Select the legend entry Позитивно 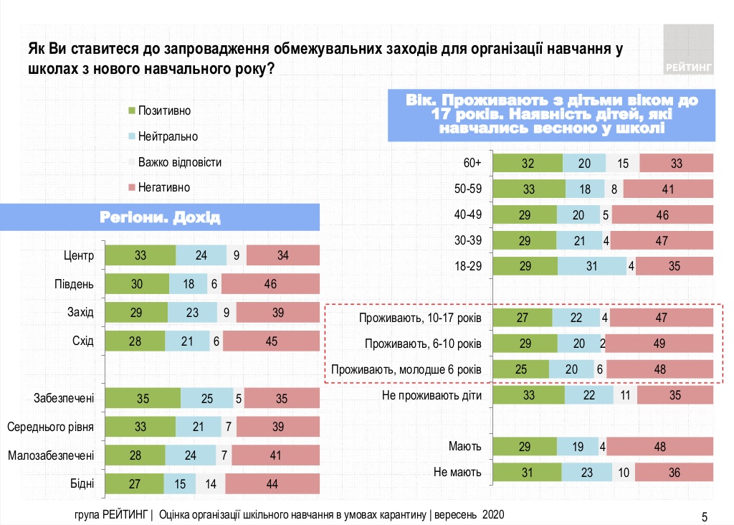[158, 110]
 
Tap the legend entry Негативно [158, 187]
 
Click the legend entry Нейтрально [162, 136]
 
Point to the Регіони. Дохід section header [160, 217]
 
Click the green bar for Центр [140, 256]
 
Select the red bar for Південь [270, 284]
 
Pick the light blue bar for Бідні [179, 483]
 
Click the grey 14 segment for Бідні [210, 483]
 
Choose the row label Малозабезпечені [51, 455]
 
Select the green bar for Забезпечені [143, 398]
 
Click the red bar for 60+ [677, 164]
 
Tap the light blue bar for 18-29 [592, 266]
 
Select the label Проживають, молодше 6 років [406, 369]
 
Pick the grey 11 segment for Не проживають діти [624, 395]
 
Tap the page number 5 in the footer [704, 516]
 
